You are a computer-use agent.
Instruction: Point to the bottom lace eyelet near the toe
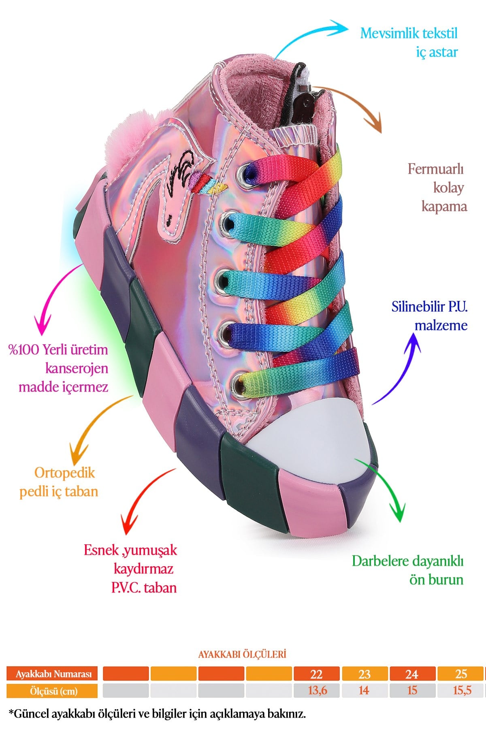[x=239, y=383]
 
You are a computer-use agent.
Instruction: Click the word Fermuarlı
[x=435, y=169]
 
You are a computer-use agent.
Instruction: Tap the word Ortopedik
[x=64, y=473]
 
